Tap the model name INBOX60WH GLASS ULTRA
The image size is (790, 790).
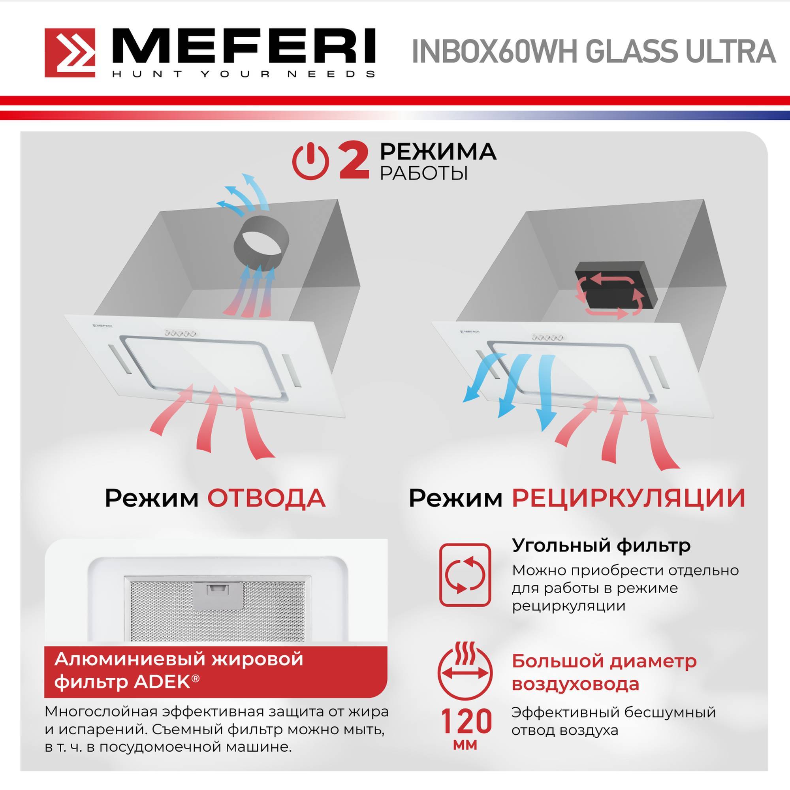593,52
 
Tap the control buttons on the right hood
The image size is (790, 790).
547,337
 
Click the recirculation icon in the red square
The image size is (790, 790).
465,574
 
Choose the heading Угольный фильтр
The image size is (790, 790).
601,545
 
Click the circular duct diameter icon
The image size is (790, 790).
465,672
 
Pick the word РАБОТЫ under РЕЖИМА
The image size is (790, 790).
423,173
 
